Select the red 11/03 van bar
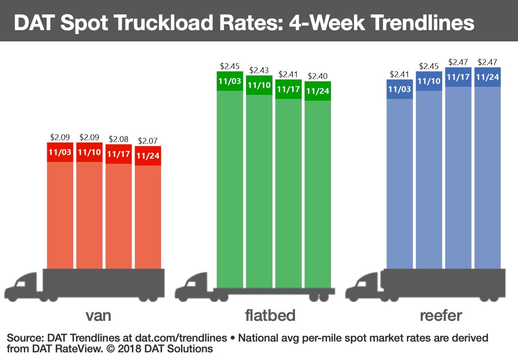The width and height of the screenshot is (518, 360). tap(60, 211)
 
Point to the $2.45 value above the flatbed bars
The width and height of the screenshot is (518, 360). tap(230, 66)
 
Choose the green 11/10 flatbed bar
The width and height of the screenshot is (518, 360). tap(259, 189)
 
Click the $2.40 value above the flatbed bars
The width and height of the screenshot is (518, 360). tap(317, 76)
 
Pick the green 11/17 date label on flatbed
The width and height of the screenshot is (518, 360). tap(288, 89)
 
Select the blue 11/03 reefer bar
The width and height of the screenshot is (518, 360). tap(400, 180)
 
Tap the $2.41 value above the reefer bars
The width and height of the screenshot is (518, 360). tap(400, 74)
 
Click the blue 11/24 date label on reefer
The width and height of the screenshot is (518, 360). tap(487, 77)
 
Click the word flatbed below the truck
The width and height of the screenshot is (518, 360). tap(270, 315)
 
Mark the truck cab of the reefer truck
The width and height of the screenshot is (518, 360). tap(363, 286)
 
